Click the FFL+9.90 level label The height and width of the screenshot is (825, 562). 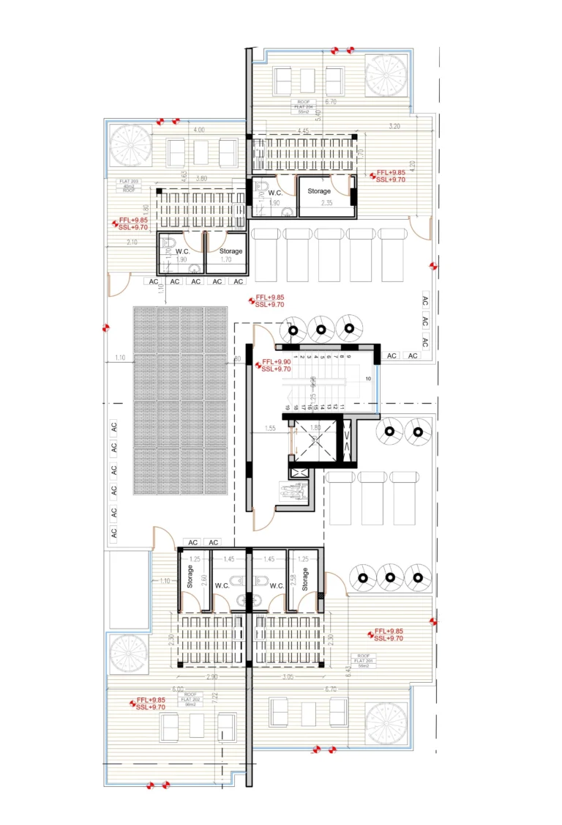click(x=277, y=362)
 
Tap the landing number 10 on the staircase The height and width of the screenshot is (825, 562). click(x=368, y=378)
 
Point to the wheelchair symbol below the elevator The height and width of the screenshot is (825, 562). click(x=296, y=491)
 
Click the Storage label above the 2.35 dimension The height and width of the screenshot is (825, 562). click(x=319, y=191)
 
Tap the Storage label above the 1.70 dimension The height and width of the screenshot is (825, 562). click(x=231, y=251)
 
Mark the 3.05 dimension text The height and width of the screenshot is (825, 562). click(x=286, y=677)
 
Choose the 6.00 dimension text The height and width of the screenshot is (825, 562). click(x=177, y=689)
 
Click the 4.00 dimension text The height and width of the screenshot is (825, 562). click(x=198, y=130)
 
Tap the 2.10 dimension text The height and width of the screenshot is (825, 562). click(x=132, y=242)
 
